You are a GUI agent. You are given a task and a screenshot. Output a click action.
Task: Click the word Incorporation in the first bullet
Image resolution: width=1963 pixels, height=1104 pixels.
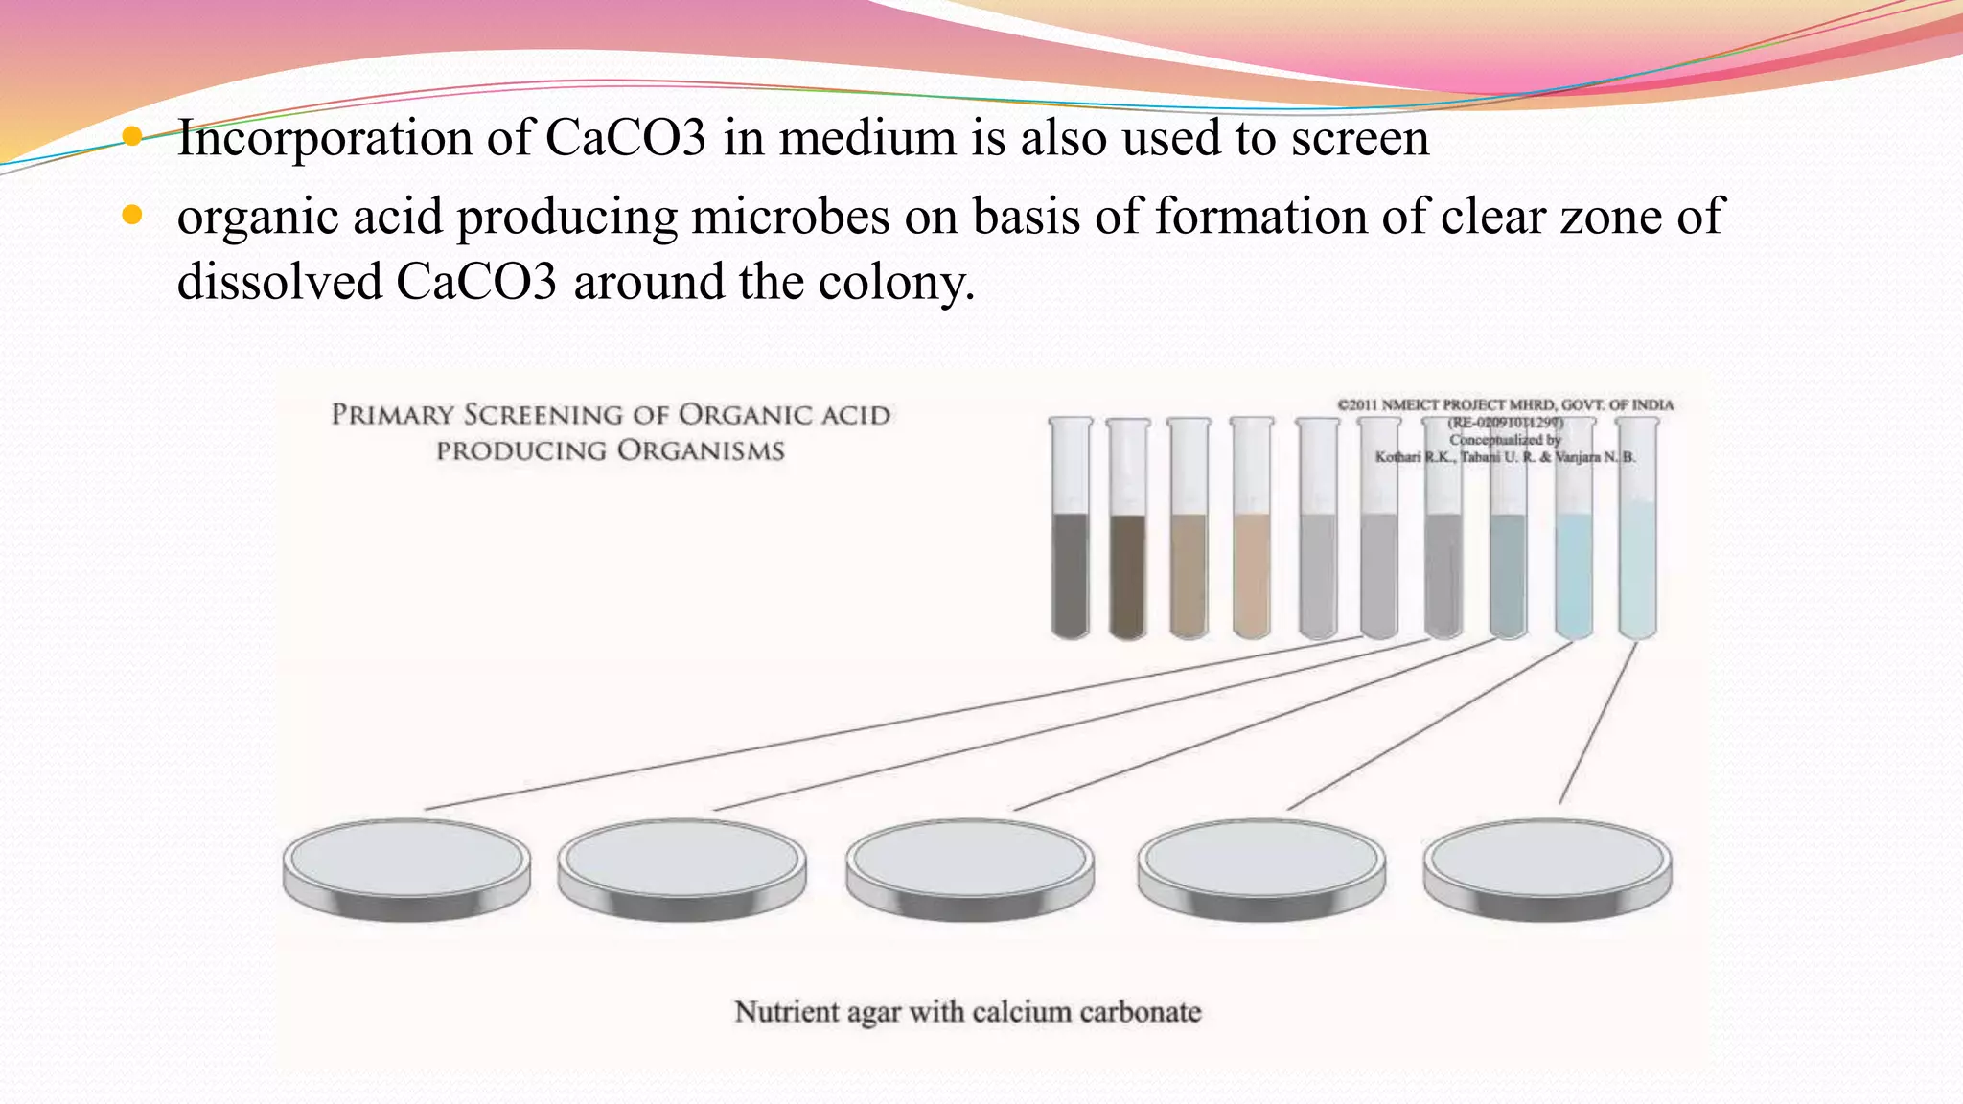point(325,139)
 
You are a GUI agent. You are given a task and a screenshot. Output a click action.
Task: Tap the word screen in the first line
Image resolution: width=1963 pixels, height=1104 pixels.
point(1360,139)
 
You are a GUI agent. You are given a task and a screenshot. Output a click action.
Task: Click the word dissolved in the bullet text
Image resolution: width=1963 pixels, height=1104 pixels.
point(279,283)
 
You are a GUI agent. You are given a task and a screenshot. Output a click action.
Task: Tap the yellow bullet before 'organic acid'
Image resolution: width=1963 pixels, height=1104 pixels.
point(132,216)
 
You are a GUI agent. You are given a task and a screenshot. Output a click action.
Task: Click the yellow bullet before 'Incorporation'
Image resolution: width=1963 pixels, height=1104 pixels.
point(132,137)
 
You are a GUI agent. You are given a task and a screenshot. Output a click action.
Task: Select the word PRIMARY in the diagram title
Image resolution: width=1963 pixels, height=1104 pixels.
point(392,415)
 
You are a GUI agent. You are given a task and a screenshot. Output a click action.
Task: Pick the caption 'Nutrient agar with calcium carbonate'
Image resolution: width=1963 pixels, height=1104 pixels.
point(967,1012)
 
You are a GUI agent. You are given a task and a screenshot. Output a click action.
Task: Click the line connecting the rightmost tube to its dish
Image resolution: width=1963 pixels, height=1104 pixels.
point(1598,724)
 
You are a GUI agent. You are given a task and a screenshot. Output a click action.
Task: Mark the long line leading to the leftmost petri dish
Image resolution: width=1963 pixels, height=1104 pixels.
point(891,724)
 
